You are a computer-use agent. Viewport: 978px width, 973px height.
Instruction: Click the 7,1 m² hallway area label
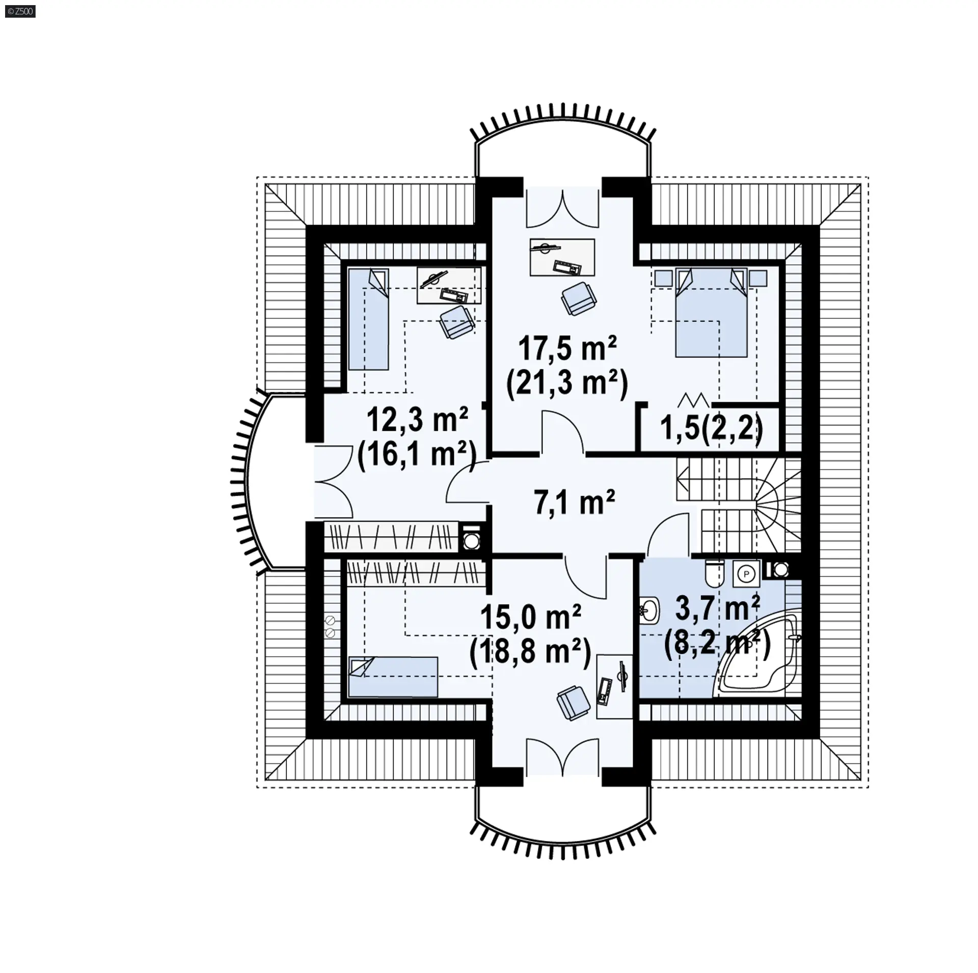pyautogui.click(x=575, y=503)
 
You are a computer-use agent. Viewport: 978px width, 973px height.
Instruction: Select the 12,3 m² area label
pyautogui.click(x=417, y=420)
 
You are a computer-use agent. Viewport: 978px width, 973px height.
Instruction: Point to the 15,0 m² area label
pyautogui.click(x=531, y=618)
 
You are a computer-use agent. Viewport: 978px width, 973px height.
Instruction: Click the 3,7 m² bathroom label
pyautogui.click(x=718, y=608)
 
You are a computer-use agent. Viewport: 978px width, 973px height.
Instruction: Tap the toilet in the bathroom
pyautogui.click(x=715, y=573)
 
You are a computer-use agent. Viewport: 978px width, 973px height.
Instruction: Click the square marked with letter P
pyautogui.click(x=747, y=573)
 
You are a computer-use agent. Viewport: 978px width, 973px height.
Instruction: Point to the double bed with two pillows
pyautogui.click(x=711, y=313)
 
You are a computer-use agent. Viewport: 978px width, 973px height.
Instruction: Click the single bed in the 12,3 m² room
pyautogui.click(x=368, y=319)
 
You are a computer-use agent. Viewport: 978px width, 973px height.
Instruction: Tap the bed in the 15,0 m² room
pyautogui.click(x=393, y=677)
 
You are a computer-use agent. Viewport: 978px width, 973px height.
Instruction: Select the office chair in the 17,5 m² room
pyautogui.click(x=579, y=298)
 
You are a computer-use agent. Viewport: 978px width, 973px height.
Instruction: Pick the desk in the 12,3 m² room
pyautogui.click(x=449, y=286)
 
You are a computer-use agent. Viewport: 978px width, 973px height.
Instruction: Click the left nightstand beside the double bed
pyautogui.click(x=664, y=278)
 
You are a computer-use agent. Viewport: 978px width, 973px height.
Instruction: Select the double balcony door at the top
pyautogui.click(x=563, y=208)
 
